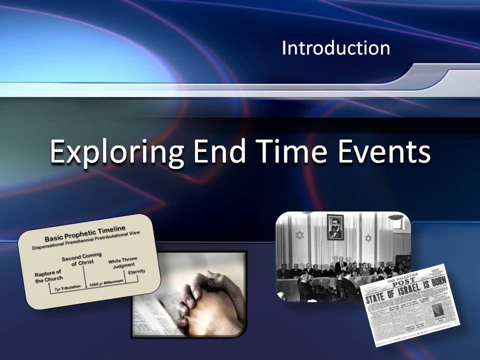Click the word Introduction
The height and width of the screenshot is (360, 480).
coord(335,48)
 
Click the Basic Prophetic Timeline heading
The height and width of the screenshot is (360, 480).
coord(85,232)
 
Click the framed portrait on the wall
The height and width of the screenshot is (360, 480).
coord(334,226)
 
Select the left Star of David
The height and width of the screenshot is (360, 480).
coord(299,234)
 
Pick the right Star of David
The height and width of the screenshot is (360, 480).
coord(369,238)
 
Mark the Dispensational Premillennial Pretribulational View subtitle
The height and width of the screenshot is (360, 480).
coord(86,240)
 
